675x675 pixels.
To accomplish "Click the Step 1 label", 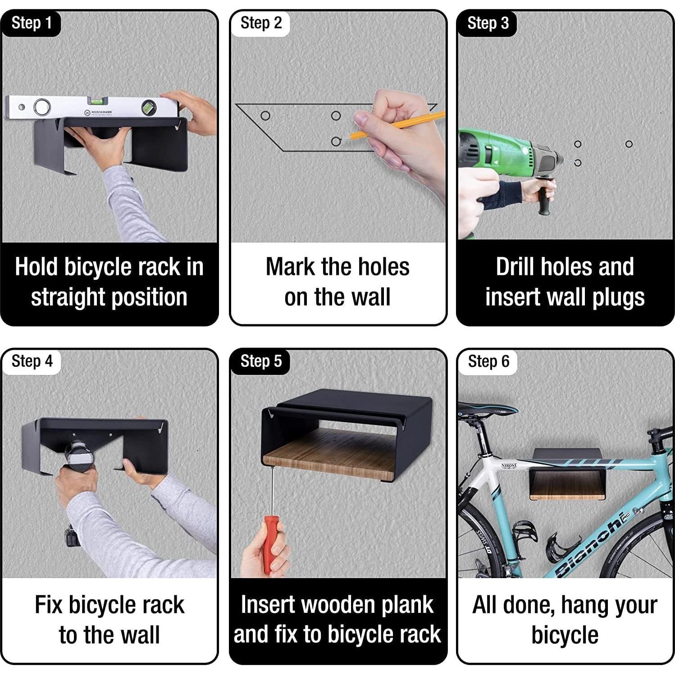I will click(x=31, y=23).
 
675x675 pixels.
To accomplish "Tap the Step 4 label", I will click(x=32, y=361).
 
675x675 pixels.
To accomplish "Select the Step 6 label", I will click(x=488, y=361).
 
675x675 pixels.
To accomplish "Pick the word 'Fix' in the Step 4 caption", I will click(x=49, y=605).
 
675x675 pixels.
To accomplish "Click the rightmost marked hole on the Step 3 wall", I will click(x=629, y=144).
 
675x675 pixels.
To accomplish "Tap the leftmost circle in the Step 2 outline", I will click(x=265, y=116).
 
